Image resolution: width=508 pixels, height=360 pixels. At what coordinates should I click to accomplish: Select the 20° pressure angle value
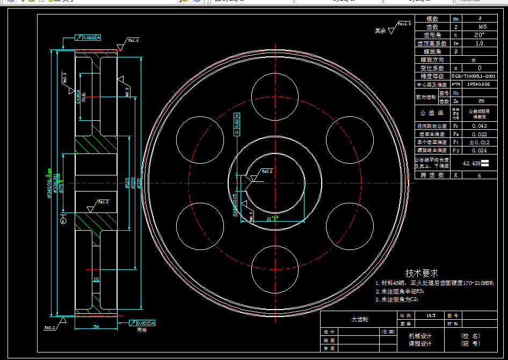click(479, 35)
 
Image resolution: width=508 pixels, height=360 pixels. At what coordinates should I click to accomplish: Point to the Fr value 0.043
click(479, 126)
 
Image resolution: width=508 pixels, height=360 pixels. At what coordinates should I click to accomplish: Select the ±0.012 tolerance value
click(479, 142)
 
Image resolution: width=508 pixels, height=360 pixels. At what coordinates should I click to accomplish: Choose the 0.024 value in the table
click(479, 151)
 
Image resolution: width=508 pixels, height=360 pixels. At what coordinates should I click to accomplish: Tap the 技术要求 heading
click(422, 274)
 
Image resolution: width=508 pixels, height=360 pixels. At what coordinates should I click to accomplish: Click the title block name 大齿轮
click(359, 319)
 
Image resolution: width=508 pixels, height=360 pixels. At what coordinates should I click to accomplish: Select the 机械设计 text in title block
click(420, 336)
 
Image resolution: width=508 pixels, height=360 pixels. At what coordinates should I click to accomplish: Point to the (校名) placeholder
click(470, 336)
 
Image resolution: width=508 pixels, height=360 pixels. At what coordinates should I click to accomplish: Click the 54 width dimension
click(96, 326)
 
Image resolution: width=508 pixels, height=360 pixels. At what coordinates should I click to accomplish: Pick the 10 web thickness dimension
click(96, 280)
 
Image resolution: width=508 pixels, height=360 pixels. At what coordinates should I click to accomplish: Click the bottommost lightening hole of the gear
click(274, 266)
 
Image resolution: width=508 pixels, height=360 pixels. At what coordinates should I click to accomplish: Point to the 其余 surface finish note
click(380, 31)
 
